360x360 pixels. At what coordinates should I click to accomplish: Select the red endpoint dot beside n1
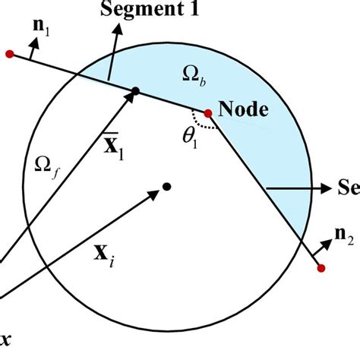click(x=9, y=54)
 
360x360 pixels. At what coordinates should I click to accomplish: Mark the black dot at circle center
click(x=166, y=186)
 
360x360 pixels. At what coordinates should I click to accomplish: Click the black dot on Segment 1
click(x=134, y=92)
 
